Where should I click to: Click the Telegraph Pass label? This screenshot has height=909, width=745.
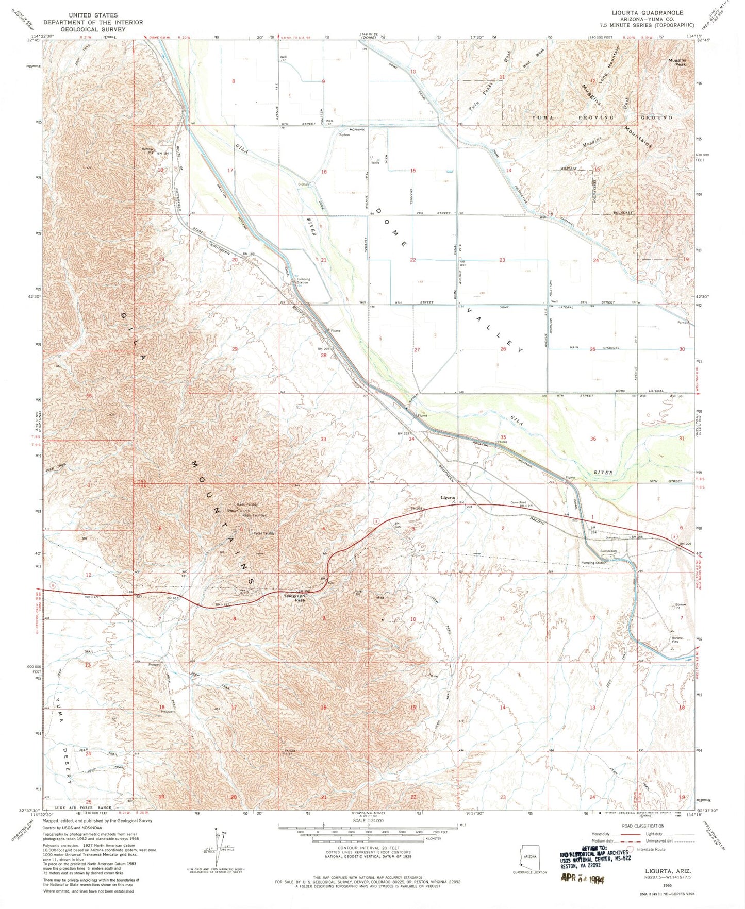tap(295, 598)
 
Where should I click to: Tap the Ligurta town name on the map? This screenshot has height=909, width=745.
tap(448, 498)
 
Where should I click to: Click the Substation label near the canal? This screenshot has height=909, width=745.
tap(608, 551)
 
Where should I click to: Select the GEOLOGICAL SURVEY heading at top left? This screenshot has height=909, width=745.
tap(93, 29)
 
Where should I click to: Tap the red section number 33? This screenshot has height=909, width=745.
tap(323, 439)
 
